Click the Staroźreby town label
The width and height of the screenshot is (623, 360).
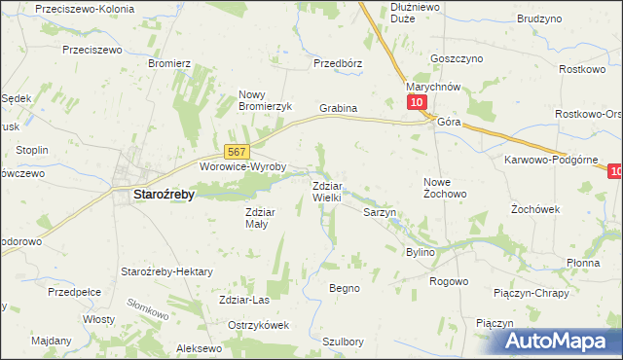tap(163, 194)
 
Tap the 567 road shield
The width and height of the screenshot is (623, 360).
tap(238, 152)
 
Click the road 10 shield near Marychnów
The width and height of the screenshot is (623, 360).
tap(417, 102)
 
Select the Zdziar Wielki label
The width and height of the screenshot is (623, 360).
tap(326, 191)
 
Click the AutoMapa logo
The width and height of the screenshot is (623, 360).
tap(554, 342)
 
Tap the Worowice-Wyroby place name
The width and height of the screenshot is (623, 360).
tap(242, 166)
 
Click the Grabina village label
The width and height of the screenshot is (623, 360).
tap(339, 108)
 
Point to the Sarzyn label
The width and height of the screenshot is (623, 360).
tap(379, 211)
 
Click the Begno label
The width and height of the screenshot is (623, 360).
tap(345, 288)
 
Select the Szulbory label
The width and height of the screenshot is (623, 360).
tap(343, 342)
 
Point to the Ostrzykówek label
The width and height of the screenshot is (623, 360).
tap(258, 325)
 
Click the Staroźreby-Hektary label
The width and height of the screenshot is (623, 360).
tap(165, 270)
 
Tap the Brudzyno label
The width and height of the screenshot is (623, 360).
tap(539, 18)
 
